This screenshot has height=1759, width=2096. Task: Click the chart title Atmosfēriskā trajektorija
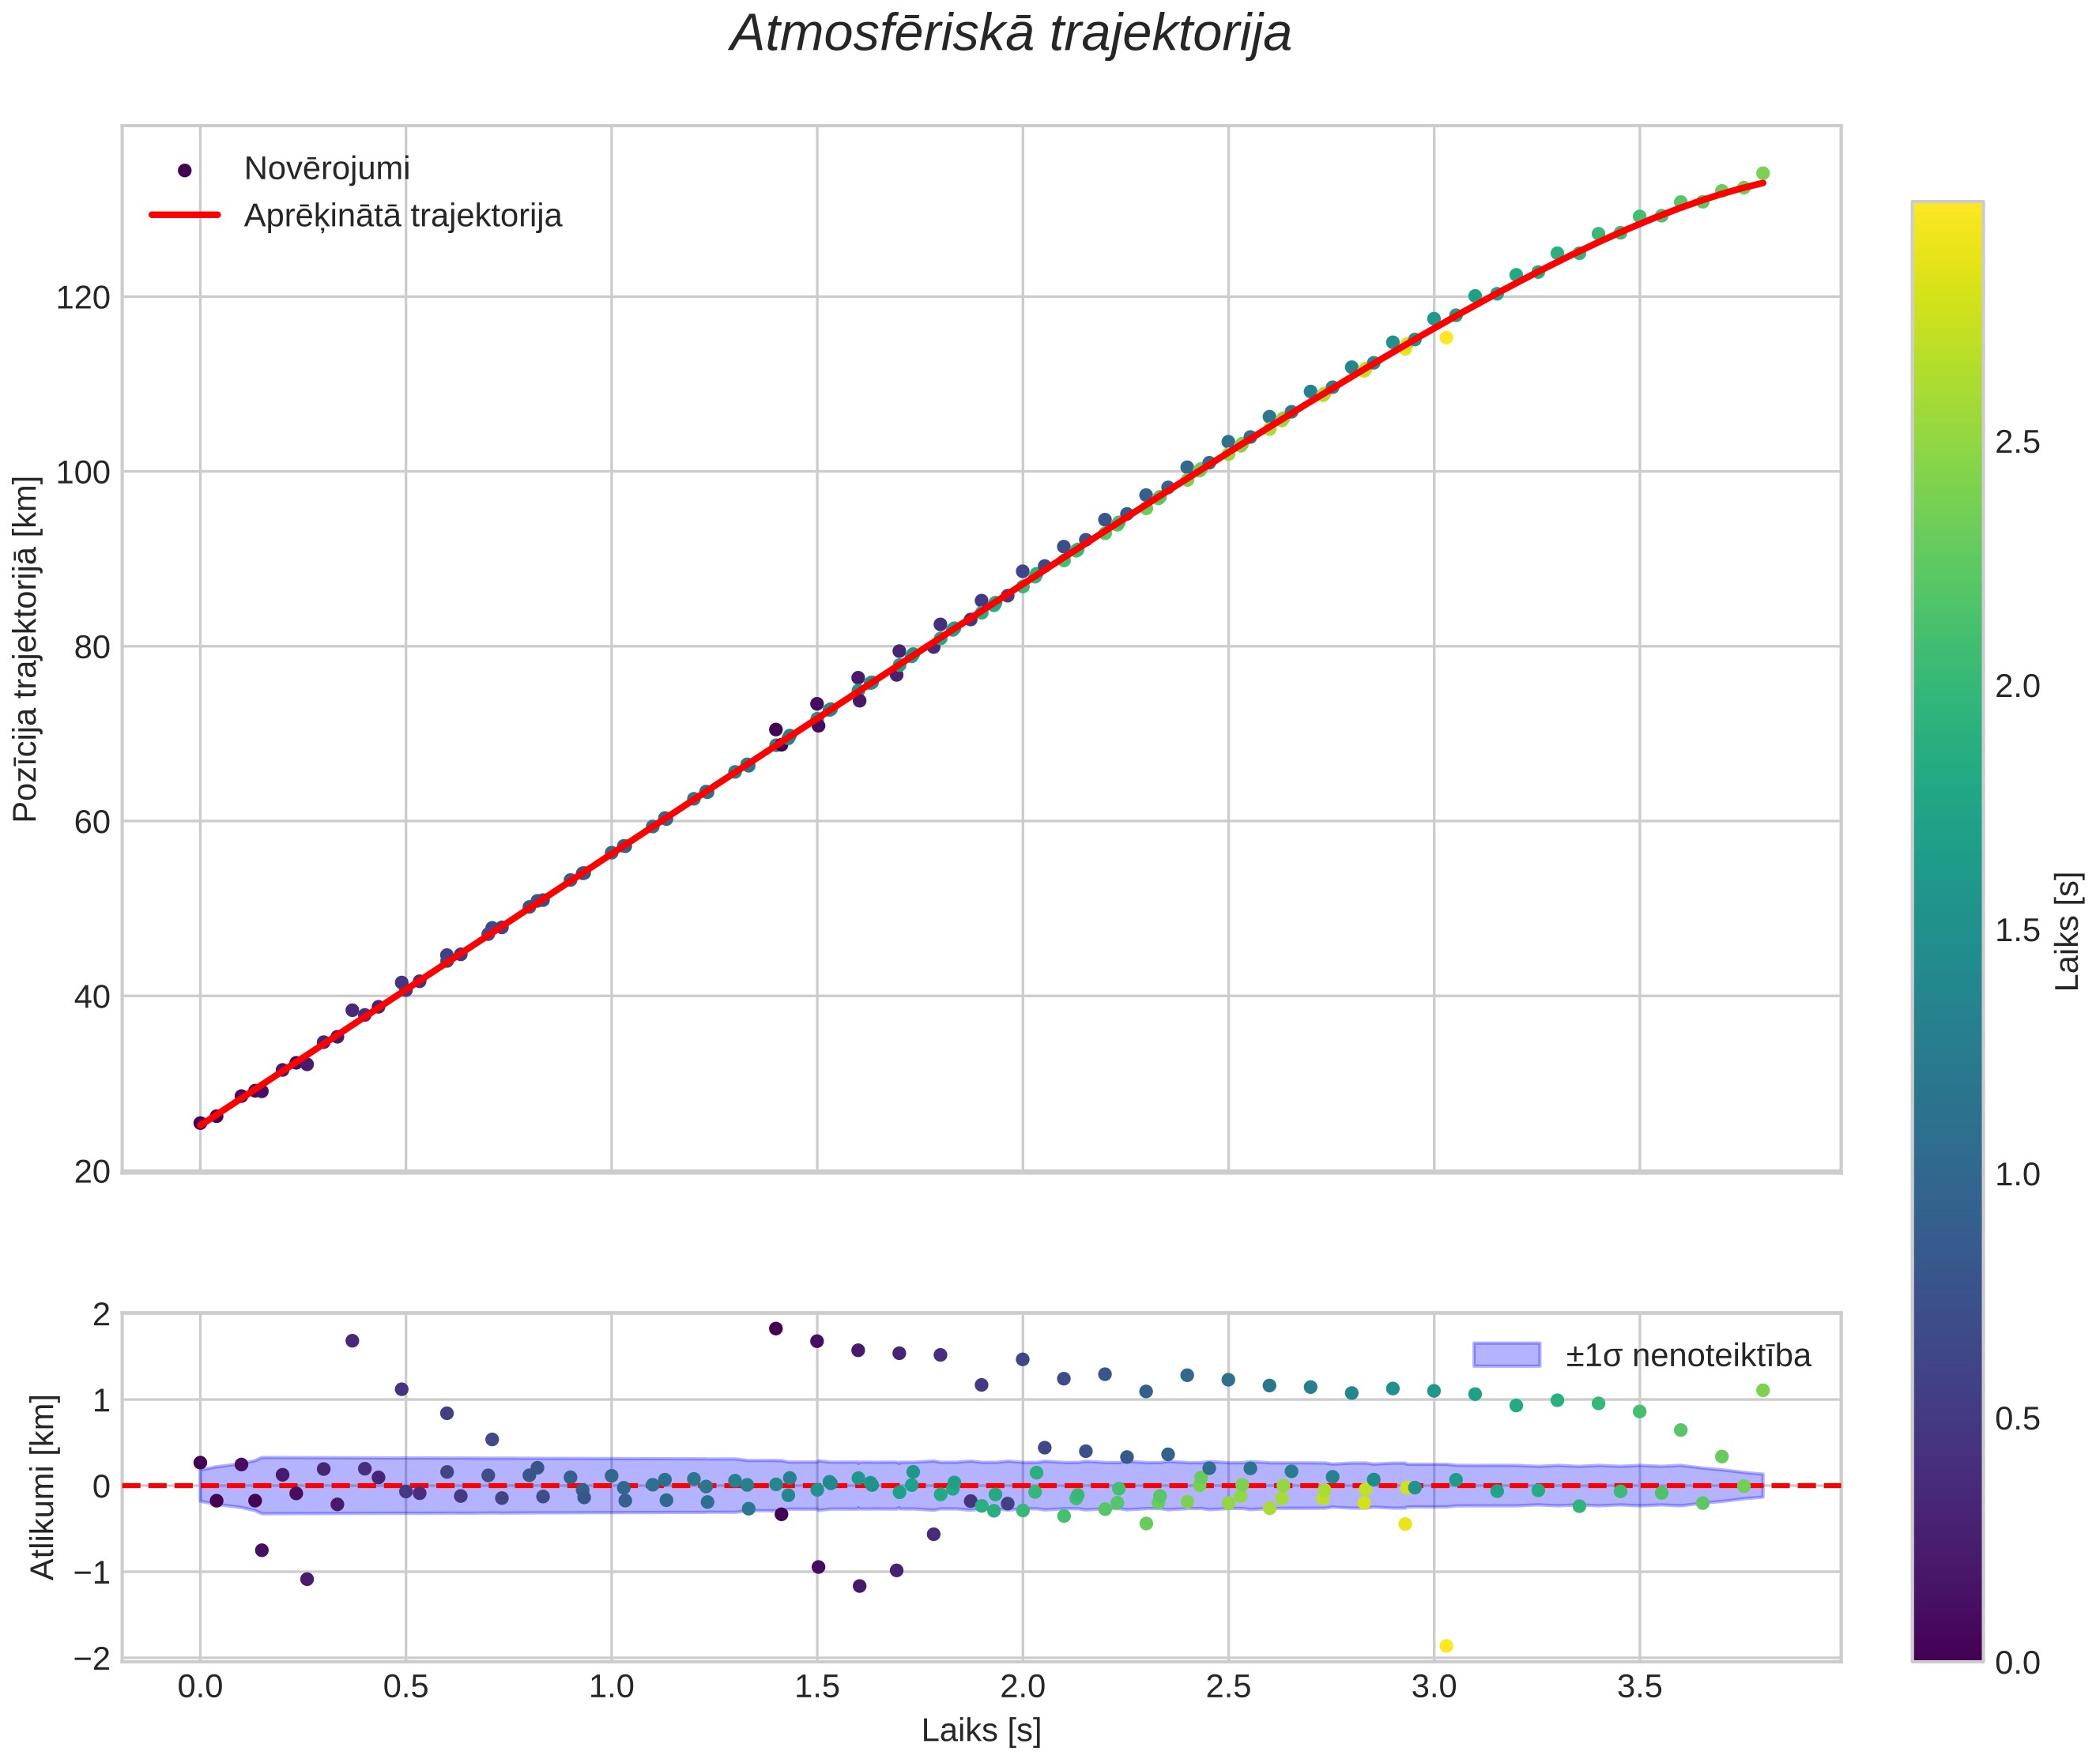tap(1010, 34)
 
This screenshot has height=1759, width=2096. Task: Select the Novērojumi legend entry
tap(326, 168)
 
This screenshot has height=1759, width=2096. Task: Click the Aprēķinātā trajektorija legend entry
tap(402, 216)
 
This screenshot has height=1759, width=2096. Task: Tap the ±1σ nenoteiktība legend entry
tap(1687, 1355)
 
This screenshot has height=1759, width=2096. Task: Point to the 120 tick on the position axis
tap(83, 297)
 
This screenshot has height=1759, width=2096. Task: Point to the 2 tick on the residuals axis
tap(102, 1315)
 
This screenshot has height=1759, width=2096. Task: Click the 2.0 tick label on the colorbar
tap(2017, 687)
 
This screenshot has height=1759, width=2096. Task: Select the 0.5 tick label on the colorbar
tap(2017, 1418)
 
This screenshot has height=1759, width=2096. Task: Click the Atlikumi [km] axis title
tap(42, 1486)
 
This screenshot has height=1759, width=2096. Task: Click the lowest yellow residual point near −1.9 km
tap(1446, 1645)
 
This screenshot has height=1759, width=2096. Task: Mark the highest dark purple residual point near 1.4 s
tap(775, 1328)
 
